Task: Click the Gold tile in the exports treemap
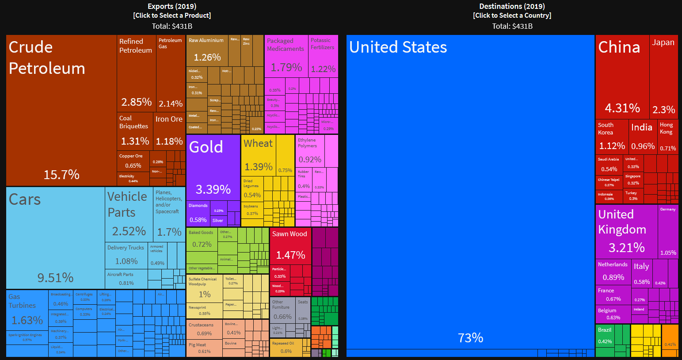pyautogui.click(x=213, y=168)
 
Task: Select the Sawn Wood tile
pyautogui.click(x=290, y=246)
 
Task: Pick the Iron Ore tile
pyautogui.click(x=169, y=130)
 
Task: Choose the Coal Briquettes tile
pyautogui.click(x=135, y=130)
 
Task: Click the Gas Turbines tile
pyautogui.click(x=27, y=310)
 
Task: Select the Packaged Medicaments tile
pyautogui.click(x=286, y=55)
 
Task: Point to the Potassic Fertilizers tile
pyautogui.click(x=323, y=55)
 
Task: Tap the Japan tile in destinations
pyautogui.click(x=663, y=75)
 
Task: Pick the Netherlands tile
pyautogui.click(x=613, y=272)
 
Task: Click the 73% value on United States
pyautogui.click(x=470, y=338)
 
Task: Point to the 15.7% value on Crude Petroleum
pyautogui.click(x=61, y=175)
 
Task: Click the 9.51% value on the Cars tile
pyautogui.click(x=55, y=278)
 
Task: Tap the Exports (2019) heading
pyautogui.click(x=172, y=6)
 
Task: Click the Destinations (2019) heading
pyautogui.click(x=512, y=6)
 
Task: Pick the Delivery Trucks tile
pyautogui.click(x=126, y=255)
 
